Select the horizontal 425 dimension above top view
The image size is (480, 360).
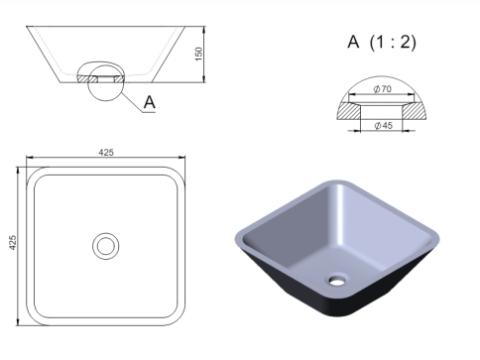point(105,152)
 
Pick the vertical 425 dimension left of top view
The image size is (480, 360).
point(14,244)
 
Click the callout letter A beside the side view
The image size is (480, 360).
point(149,101)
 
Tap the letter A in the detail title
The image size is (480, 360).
point(353,42)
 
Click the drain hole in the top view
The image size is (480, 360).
point(104,244)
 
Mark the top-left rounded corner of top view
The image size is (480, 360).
point(35,175)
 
